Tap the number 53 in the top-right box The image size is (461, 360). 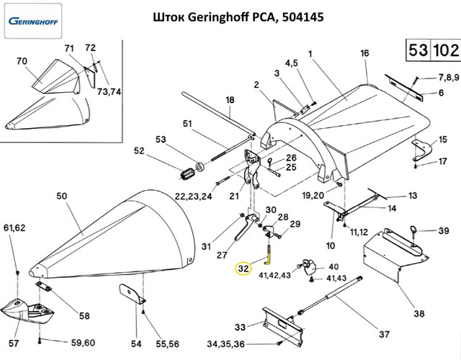416,51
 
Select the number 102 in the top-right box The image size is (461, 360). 444,51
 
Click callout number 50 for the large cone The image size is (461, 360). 61,195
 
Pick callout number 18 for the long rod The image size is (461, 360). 230,99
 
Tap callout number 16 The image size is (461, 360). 364,53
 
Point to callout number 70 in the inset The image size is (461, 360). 21,62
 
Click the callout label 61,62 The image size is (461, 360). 15,229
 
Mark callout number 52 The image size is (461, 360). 140,151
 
